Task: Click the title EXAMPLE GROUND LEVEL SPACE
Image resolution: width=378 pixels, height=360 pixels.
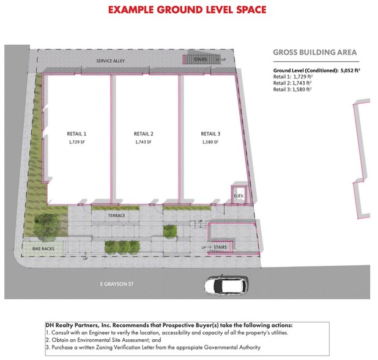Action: (187, 10)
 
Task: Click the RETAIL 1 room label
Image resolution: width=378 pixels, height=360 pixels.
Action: (76, 133)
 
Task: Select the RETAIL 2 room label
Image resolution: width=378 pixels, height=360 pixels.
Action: (143, 133)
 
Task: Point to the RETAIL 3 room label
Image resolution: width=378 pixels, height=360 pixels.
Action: (210, 133)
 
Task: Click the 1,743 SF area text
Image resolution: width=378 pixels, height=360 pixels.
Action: (143, 142)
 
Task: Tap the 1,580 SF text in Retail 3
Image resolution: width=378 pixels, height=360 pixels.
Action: (210, 142)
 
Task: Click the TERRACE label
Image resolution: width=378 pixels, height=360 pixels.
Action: (116, 216)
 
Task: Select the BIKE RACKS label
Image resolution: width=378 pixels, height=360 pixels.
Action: (43, 249)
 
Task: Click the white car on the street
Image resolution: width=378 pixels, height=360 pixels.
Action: (226, 285)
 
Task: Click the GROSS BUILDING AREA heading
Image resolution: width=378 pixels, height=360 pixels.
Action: (315, 53)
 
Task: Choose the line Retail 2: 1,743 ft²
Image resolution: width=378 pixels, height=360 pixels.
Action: (292, 83)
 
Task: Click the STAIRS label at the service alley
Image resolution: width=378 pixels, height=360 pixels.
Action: (201, 60)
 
